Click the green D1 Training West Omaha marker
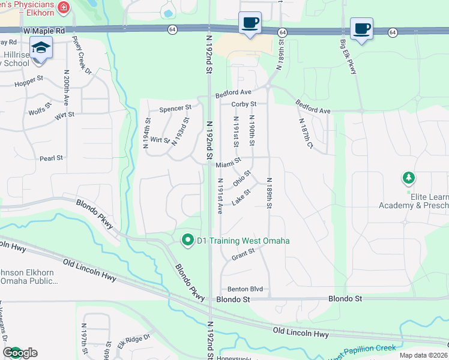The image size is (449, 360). [x=187, y=241]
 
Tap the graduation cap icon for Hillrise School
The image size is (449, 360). [x=41, y=47]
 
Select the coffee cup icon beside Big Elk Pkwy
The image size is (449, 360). [x=361, y=28]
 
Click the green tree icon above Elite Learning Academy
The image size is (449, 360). [x=409, y=178]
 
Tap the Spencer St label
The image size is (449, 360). [x=175, y=109]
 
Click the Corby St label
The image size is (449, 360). [x=244, y=104]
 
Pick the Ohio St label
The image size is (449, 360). [x=242, y=178]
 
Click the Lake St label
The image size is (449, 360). [x=240, y=196]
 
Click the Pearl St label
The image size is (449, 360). [x=51, y=158]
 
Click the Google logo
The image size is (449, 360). [x=20, y=353]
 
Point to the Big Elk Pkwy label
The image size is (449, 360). [x=348, y=58]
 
